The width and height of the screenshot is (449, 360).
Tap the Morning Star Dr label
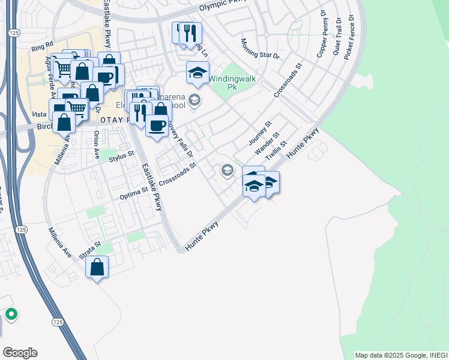[x=261, y=49]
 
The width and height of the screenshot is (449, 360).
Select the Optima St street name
[x=133, y=191]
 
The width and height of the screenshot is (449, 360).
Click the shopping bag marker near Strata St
[x=97, y=267]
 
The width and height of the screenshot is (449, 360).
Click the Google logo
[x=19, y=352]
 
